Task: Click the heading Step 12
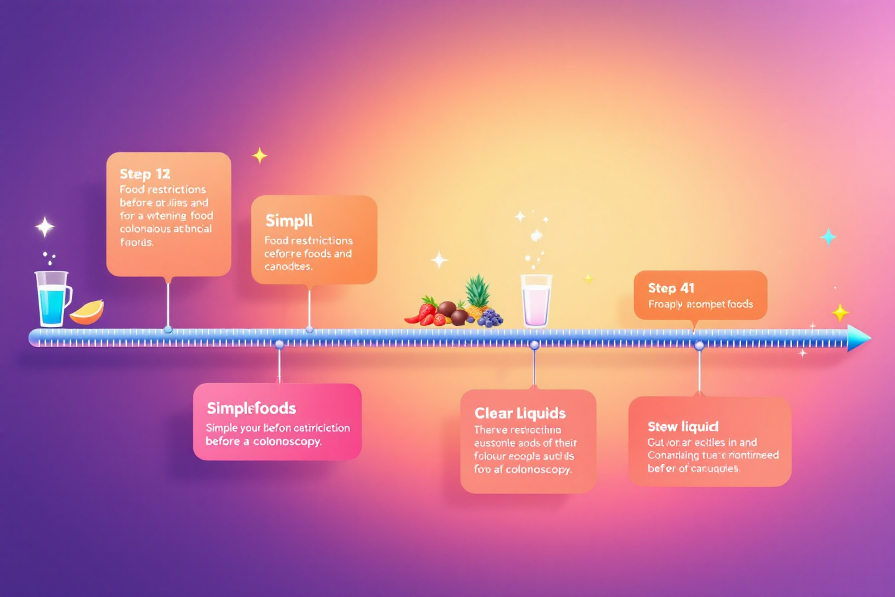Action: (x=145, y=174)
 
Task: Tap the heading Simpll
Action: (x=289, y=221)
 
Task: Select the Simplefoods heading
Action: (x=251, y=408)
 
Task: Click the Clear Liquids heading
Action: (x=520, y=414)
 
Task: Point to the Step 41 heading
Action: (x=671, y=288)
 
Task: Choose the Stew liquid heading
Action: (x=683, y=427)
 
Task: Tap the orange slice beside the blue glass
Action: (x=87, y=312)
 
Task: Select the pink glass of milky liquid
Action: (x=536, y=301)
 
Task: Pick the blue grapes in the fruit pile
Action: (x=490, y=318)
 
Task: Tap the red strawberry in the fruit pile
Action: (x=427, y=309)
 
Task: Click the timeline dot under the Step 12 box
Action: (x=168, y=330)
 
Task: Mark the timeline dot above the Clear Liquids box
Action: (x=535, y=345)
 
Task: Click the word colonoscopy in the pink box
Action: (x=287, y=442)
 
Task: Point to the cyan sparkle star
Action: (x=828, y=237)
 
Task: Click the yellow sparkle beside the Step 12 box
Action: (x=259, y=155)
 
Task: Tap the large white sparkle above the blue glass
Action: (x=45, y=227)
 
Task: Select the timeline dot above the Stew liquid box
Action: (x=699, y=346)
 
